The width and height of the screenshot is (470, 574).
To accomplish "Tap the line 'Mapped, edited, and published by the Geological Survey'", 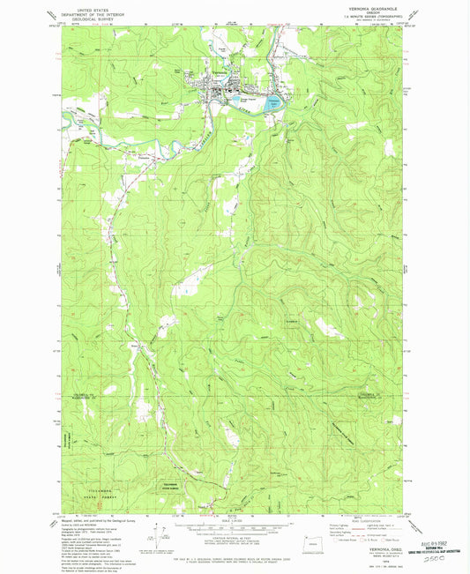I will pos(88,520).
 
